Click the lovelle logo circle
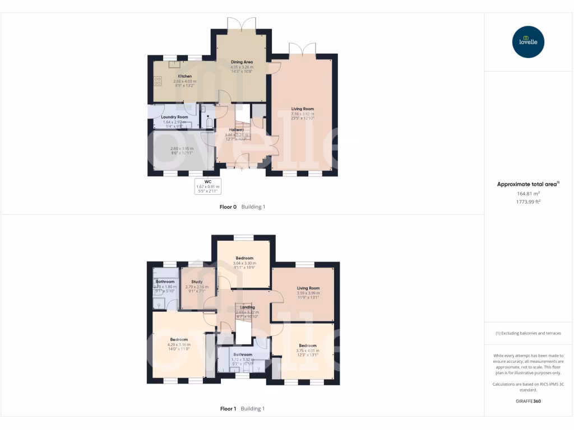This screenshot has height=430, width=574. [528, 42]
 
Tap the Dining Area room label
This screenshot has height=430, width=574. [243, 62]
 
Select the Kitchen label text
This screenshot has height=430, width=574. [185, 76]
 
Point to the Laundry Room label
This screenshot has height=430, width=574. [174, 117]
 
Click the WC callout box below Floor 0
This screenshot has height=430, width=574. [208, 185]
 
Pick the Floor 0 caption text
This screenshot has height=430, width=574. [228, 207]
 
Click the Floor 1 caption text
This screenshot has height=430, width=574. [228, 409]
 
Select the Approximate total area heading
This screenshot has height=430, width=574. [527, 184]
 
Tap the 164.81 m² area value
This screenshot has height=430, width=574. [527, 194]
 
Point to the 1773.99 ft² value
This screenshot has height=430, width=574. [527, 202]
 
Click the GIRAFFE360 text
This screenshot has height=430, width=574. [528, 401]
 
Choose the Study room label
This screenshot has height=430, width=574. [197, 282]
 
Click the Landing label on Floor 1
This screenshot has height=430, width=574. [247, 307]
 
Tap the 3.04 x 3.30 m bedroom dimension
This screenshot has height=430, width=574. [244, 263]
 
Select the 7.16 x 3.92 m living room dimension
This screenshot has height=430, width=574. [303, 114]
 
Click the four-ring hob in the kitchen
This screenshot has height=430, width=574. [158, 82]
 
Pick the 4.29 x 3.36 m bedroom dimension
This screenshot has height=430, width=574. [179, 344]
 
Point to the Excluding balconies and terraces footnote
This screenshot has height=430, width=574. [528, 333]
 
